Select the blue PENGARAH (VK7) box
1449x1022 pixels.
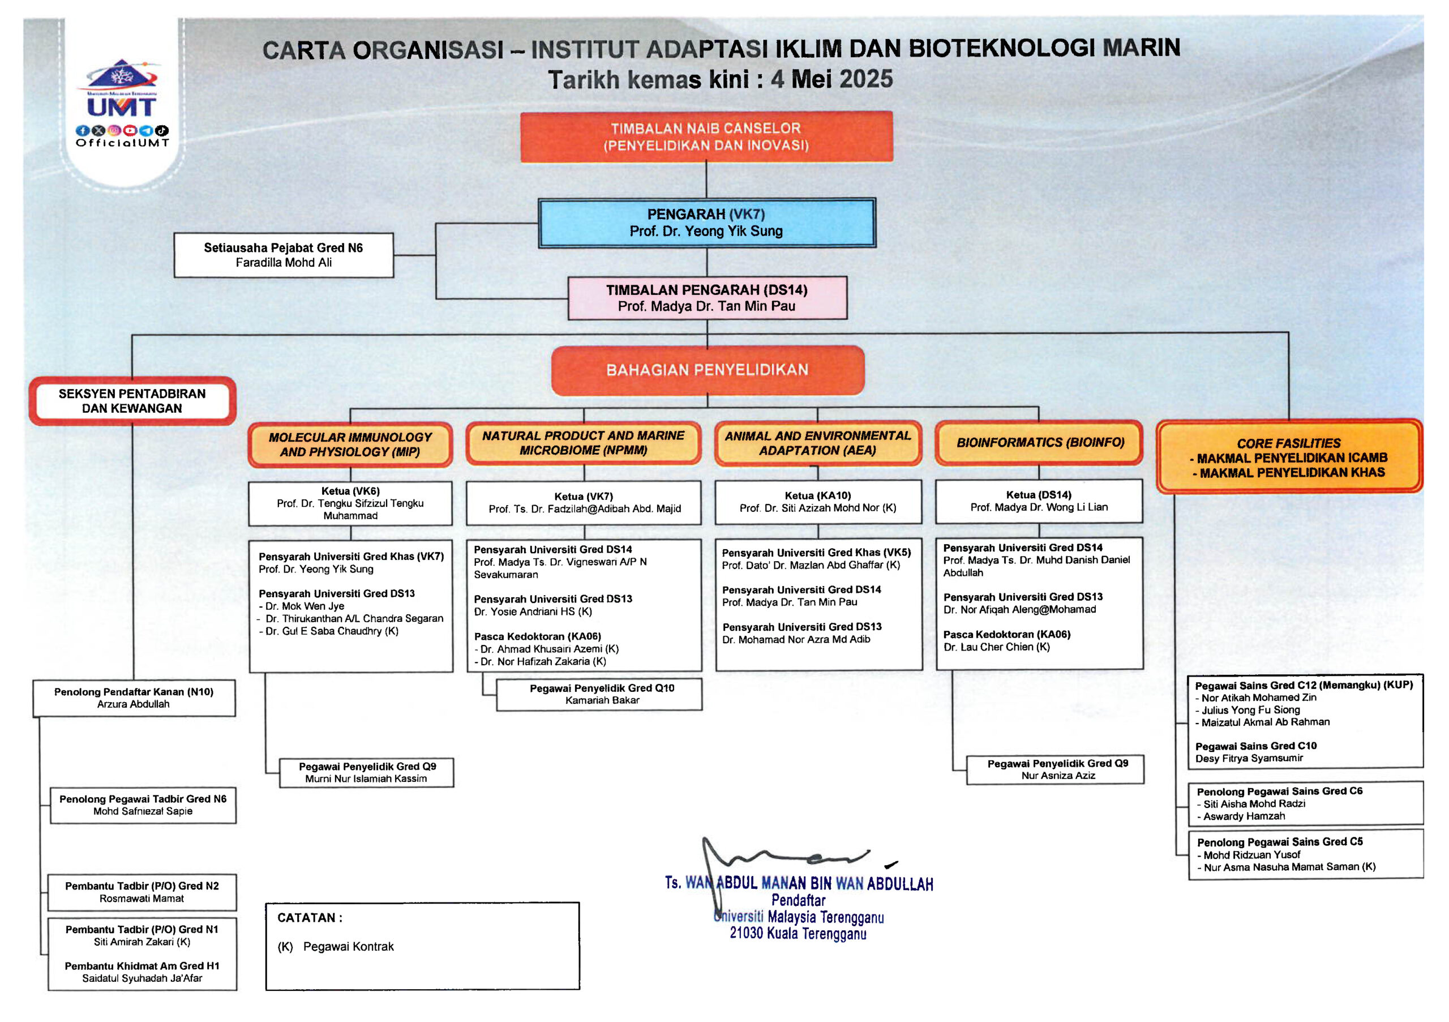pos(706,223)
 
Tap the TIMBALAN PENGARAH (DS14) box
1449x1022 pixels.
pos(707,298)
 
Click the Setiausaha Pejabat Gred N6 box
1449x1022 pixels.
pos(284,255)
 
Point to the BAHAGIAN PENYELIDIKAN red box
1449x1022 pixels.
pos(707,370)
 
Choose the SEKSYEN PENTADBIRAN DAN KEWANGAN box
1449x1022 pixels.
pos(132,401)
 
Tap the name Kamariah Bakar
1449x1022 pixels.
pos(602,700)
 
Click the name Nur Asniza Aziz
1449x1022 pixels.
pos(1058,776)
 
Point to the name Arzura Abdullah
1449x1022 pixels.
pos(133,704)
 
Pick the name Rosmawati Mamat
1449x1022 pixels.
pos(142,898)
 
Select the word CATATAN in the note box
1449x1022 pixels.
pos(307,918)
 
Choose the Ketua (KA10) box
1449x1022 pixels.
pos(817,502)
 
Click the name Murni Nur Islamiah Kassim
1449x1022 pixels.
pos(366,779)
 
